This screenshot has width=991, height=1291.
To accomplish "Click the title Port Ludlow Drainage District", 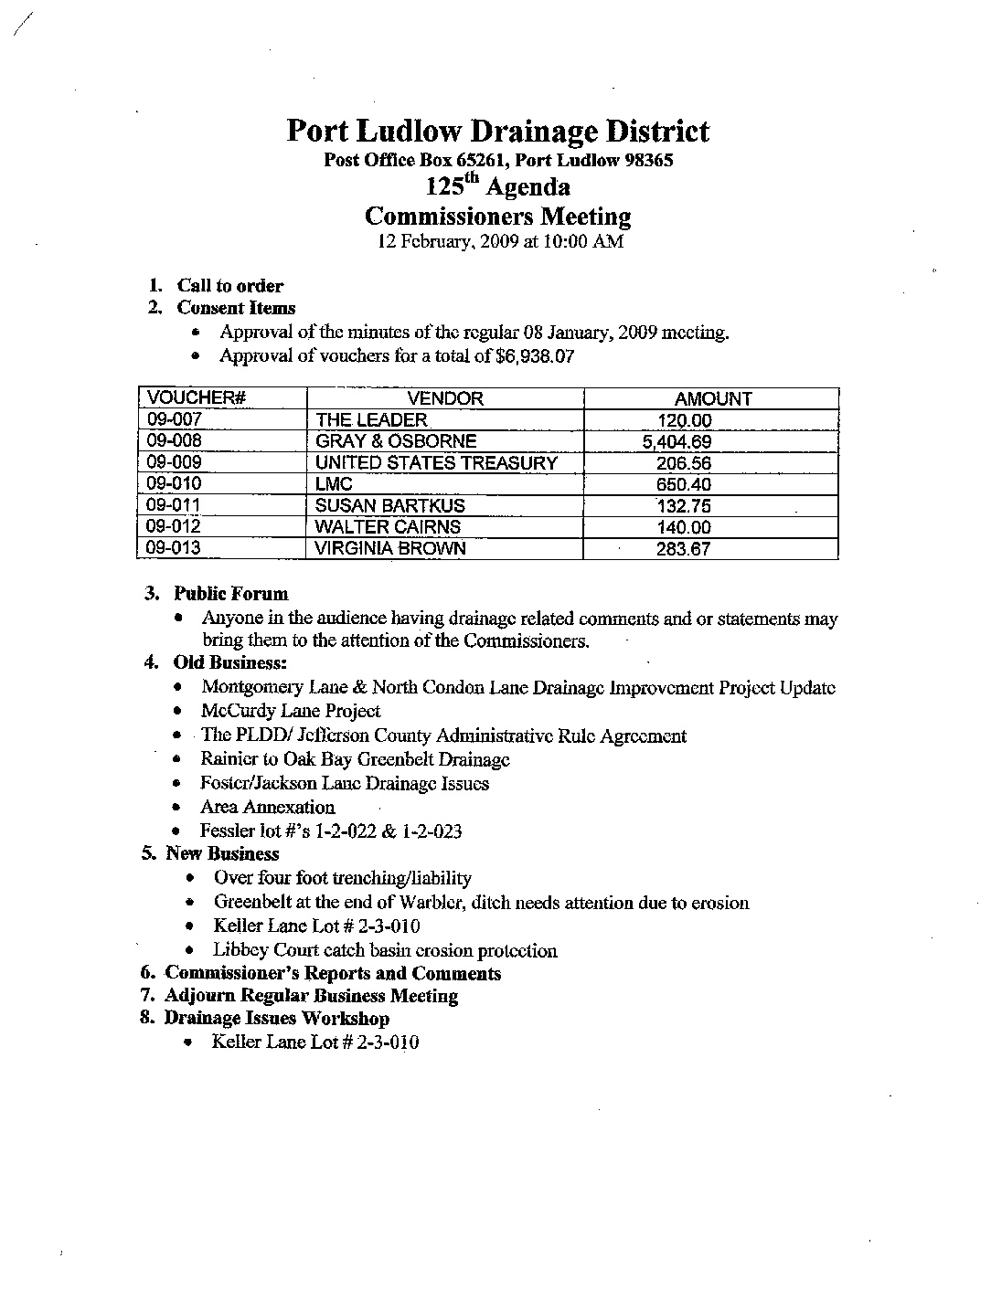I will pyautogui.click(x=497, y=132).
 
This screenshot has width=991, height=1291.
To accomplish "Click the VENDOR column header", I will pyautogui.click(x=444, y=398).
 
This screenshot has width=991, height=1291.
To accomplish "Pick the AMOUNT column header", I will pyautogui.click(x=712, y=399).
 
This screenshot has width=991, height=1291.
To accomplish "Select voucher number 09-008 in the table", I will pyautogui.click(x=174, y=441).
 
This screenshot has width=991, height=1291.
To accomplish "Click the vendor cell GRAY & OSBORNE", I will pyautogui.click(x=395, y=441).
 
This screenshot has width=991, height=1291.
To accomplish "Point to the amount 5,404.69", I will pyautogui.click(x=677, y=442).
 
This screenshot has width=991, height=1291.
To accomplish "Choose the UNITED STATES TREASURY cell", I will pyautogui.click(x=435, y=463).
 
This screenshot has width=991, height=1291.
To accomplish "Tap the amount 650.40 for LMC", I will pyautogui.click(x=684, y=485).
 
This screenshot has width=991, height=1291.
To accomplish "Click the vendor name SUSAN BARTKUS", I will pyautogui.click(x=389, y=506).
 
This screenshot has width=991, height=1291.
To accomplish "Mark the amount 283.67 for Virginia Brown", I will pyautogui.click(x=684, y=549).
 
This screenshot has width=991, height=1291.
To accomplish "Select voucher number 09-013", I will pyautogui.click(x=174, y=548).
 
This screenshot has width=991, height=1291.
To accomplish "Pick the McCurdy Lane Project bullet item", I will pyautogui.click(x=291, y=711).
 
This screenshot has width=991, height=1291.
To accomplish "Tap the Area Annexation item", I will pyautogui.click(x=267, y=808).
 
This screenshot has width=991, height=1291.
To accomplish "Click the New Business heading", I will pyautogui.click(x=221, y=854).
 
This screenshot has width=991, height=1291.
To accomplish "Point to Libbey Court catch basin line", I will pyautogui.click(x=385, y=951).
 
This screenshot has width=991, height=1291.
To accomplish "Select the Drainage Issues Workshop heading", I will pyautogui.click(x=276, y=1019).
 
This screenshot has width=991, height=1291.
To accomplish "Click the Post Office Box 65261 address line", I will pyautogui.click(x=499, y=161).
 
